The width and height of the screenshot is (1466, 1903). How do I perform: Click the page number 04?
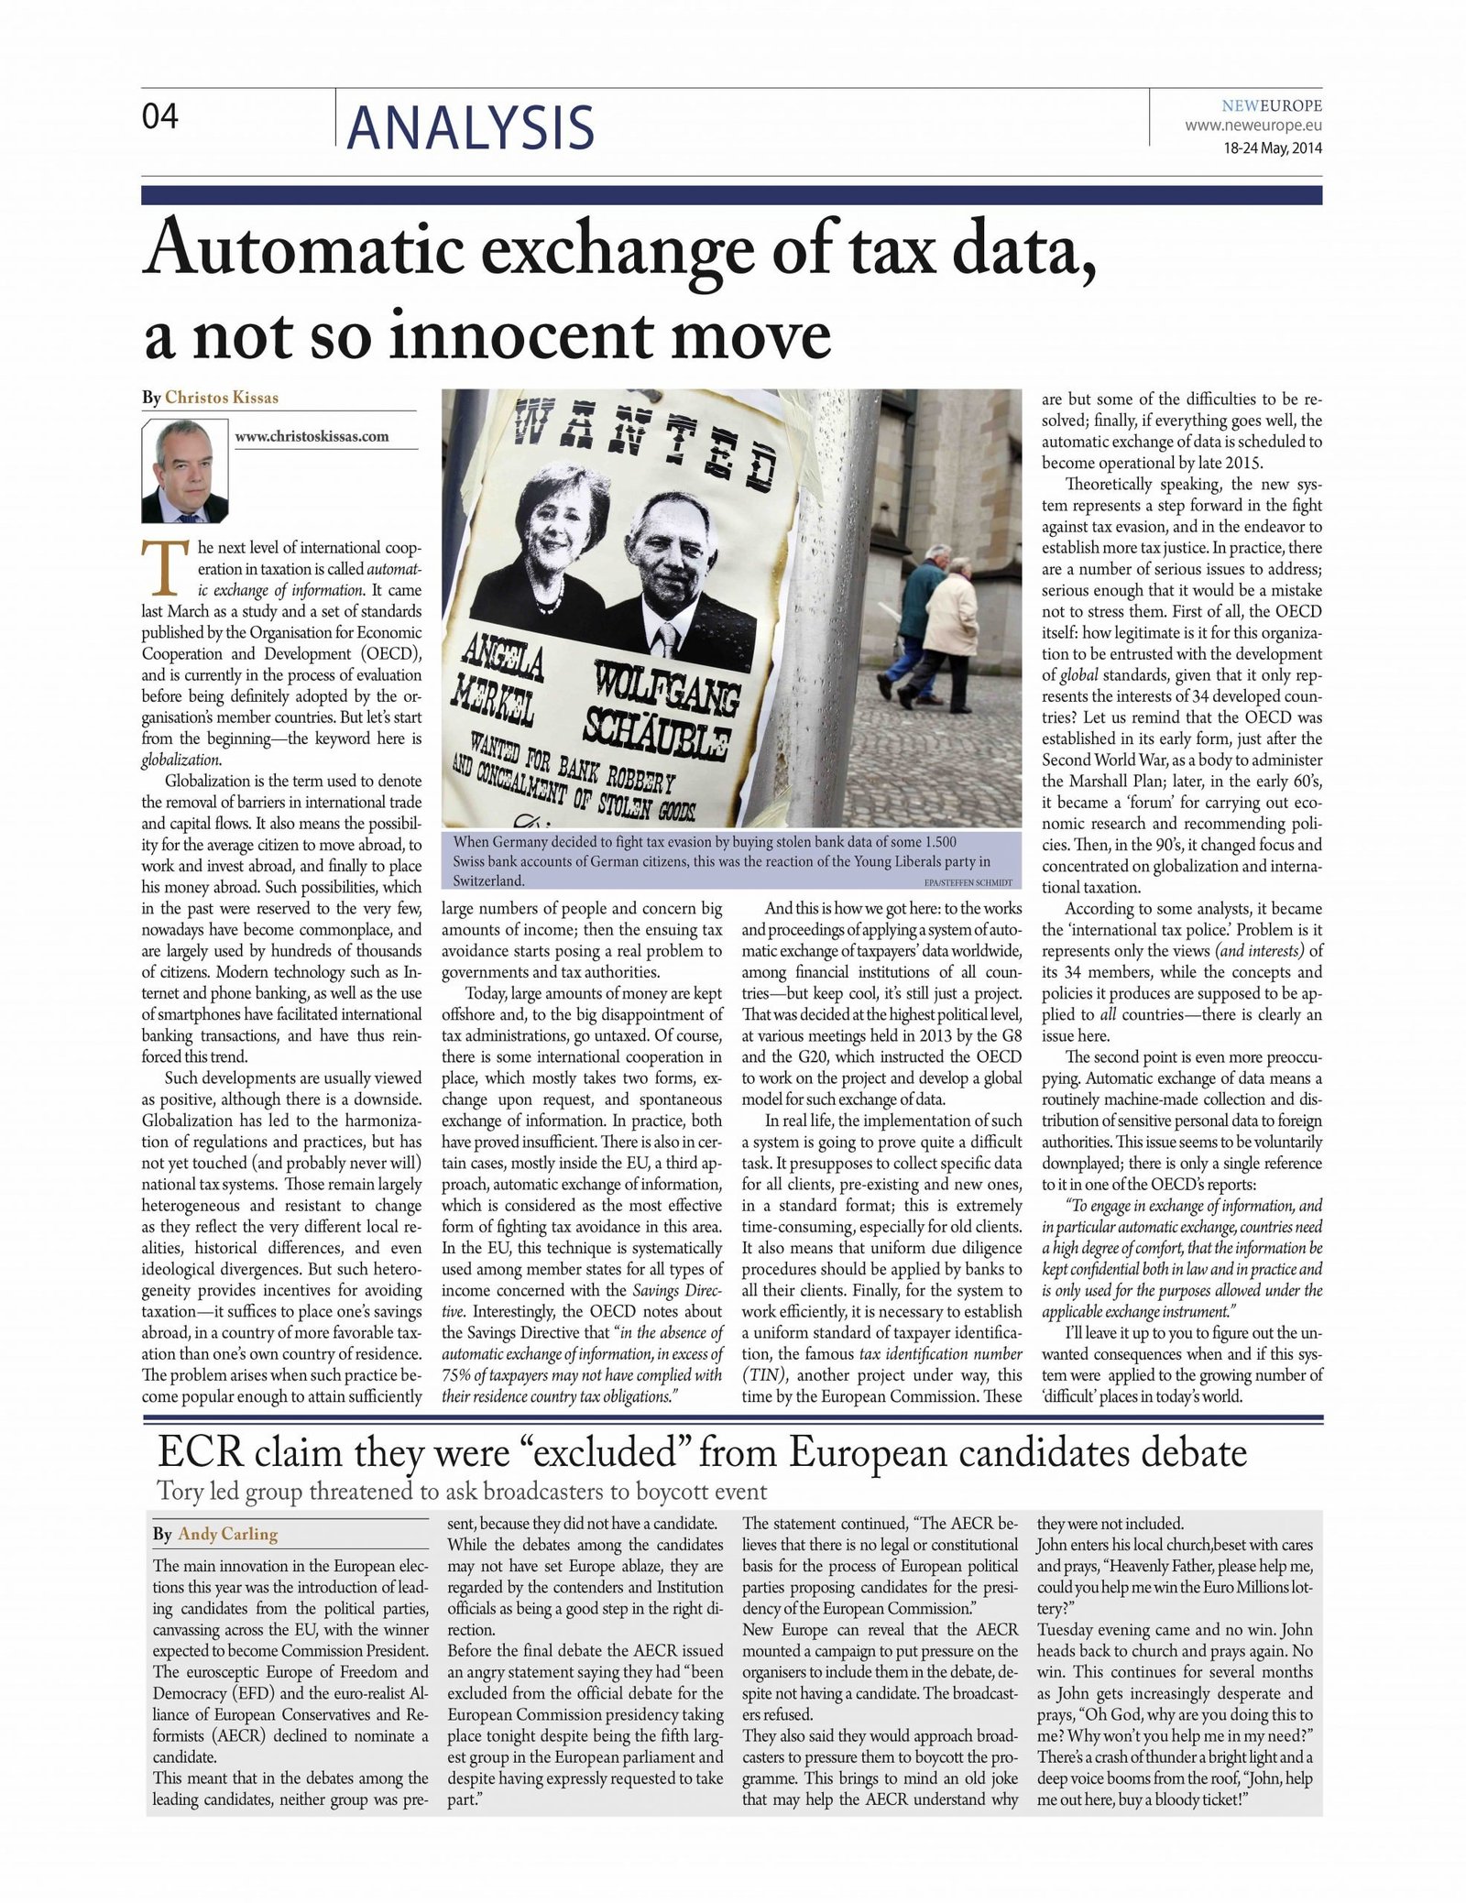click(x=160, y=116)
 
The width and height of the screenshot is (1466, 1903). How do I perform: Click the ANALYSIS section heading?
click(x=471, y=126)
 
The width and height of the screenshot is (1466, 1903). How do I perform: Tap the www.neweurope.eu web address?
click(x=1253, y=125)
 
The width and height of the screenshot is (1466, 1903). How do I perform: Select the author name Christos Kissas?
click(x=222, y=397)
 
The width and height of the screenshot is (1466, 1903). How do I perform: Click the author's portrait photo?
click(x=185, y=471)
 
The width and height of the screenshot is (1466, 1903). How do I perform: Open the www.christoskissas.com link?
click(x=312, y=436)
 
